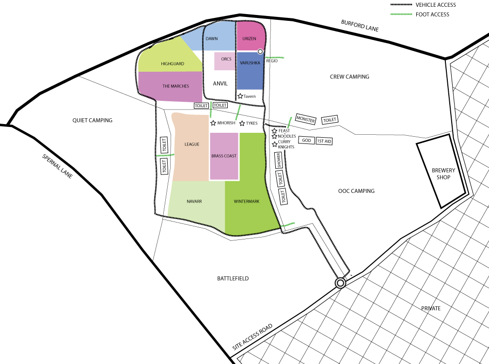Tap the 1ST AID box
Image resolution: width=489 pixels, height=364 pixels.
tap(324, 141)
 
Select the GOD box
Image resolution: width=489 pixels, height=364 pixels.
tap(306, 140)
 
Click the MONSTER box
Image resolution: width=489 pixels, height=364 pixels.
tap(306, 119)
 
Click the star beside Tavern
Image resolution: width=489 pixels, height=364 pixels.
tap(240, 96)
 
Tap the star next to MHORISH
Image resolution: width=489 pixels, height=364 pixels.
tap(213, 123)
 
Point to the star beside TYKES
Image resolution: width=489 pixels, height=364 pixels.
tap(242, 123)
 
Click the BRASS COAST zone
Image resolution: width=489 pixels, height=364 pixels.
tap(224, 156)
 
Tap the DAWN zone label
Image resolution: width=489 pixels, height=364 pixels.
tap(211, 38)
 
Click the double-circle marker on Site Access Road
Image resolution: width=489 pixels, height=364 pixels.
tap(340, 283)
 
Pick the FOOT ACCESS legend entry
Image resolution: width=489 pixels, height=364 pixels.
tap(432, 15)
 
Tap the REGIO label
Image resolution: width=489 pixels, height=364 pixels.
tap(272, 61)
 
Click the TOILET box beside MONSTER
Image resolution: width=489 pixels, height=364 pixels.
tap(330, 120)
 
